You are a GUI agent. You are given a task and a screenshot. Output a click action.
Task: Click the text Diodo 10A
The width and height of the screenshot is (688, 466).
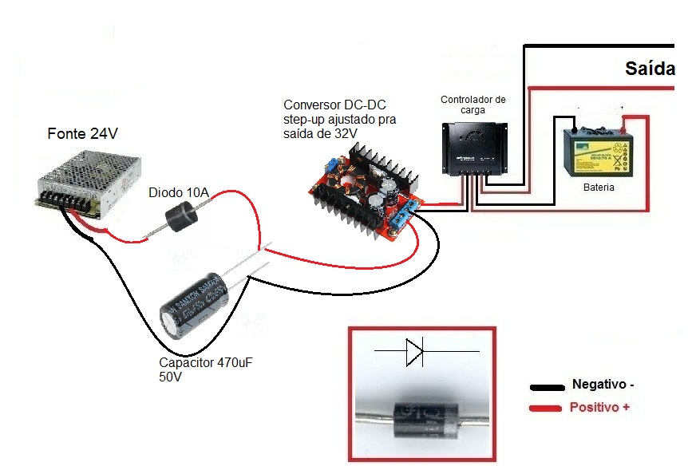pos(179,192)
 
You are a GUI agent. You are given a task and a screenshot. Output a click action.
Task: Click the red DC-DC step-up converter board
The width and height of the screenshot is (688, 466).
pos(365,192)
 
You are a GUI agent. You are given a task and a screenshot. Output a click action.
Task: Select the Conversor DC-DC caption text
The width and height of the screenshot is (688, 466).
pos(339,119)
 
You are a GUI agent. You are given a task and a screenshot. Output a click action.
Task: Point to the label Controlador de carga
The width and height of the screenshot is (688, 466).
pos(473,105)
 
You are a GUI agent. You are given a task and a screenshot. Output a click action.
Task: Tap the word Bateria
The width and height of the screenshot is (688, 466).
pos(599,188)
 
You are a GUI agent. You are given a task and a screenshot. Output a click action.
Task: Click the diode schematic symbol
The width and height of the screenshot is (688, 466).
pos(415,352)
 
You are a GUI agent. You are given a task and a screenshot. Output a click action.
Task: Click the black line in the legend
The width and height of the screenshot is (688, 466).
pos(547,387)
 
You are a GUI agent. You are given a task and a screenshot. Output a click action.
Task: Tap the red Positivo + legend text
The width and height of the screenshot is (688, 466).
pos(599,408)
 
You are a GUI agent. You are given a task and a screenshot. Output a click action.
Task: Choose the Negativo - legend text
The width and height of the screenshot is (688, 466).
pos(603,385)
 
